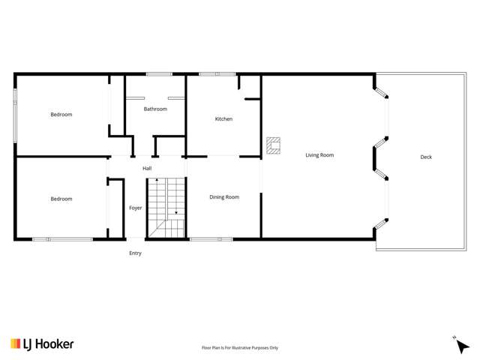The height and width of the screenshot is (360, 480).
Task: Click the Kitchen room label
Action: [x=223, y=119]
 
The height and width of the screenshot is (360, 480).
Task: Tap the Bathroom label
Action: [x=155, y=109]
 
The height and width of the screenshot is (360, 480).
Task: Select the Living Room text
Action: [x=319, y=155]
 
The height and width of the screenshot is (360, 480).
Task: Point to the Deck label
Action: [x=426, y=157]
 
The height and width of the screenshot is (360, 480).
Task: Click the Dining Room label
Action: [x=224, y=197]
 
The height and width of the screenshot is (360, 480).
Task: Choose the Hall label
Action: [x=148, y=168]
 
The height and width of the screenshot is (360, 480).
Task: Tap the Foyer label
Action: [x=136, y=208]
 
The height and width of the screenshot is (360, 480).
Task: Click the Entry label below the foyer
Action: [x=135, y=253]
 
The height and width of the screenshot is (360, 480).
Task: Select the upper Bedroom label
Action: [x=61, y=114]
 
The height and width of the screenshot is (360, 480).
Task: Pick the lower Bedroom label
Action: [x=61, y=199]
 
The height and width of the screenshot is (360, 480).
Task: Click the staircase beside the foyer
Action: [x=166, y=208]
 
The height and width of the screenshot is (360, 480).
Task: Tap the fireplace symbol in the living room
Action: [x=274, y=145]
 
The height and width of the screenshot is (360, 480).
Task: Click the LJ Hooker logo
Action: [x=42, y=343]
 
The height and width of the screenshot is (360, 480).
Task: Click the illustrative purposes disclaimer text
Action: [x=240, y=348]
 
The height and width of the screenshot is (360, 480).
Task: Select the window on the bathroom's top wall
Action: [x=158, y=73]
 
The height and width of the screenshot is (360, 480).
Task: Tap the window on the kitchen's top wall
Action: [x=217, y=73]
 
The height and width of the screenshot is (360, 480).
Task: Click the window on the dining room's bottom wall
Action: [x=211, y=239]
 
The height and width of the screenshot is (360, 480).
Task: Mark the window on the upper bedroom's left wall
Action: [x=14, y=115]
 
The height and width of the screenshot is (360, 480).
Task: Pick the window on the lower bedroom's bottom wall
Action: [x=62, y=239]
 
